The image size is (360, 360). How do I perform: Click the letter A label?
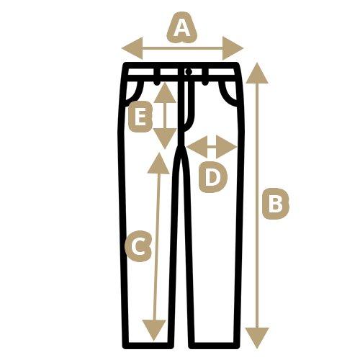click(182, 27)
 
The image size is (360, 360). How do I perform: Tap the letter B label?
click(276, 204)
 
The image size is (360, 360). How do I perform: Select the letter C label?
click(138, 246)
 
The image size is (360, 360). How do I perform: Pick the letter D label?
click(213, 177)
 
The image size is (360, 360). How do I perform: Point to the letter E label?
click(140, 117)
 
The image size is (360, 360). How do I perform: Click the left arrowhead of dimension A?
click(132, 48)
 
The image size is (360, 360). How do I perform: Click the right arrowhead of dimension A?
click(233, 48)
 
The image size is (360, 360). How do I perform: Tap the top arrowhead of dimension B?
click(257, 73)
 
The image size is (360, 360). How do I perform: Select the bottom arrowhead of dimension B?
click(257, 338)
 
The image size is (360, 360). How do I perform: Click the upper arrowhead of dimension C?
click(158, 163)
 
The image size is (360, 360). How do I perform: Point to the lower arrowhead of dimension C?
click(154, 330)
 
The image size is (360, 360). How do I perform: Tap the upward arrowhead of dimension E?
click(165, 92)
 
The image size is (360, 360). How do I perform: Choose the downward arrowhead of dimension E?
click(165, 138)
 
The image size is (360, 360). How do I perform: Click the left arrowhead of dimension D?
click(197, 147)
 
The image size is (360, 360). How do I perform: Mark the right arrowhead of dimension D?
click(227, 147)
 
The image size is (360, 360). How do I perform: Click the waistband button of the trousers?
click(189, 71)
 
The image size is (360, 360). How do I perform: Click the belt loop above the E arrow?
click(157, 76)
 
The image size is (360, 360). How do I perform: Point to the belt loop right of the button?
click(205, 76)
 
